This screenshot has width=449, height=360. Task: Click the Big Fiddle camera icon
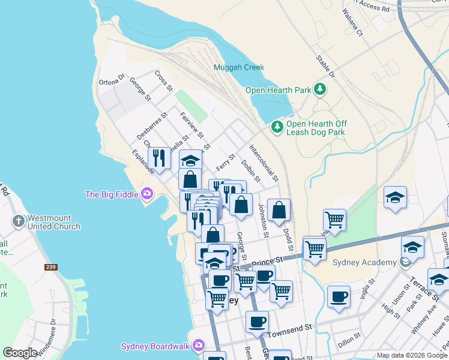[146, 194]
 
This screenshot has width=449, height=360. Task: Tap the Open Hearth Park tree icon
[320, 90]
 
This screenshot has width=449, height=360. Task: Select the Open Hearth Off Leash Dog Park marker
[277, 127]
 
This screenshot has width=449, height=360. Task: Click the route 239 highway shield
[50, 266]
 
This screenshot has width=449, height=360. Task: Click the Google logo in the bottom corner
[20, 353]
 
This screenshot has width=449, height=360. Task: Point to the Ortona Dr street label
[112, 80]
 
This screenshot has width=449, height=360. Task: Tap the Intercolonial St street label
[264, 163]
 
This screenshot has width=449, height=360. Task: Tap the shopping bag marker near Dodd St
[279, 210]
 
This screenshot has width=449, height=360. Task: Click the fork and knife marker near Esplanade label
[159, 158]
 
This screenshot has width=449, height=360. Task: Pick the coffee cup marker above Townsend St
[258, 321]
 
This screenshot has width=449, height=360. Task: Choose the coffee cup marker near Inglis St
[339, 296]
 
